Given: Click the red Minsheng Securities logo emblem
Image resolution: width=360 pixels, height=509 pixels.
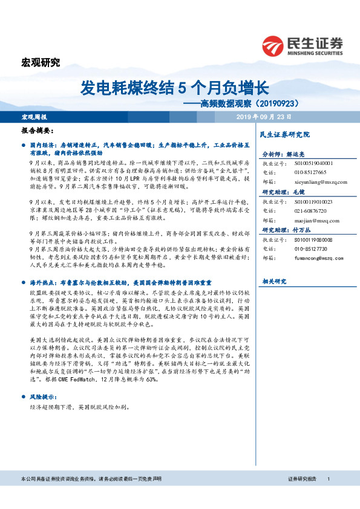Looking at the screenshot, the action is point(274,46).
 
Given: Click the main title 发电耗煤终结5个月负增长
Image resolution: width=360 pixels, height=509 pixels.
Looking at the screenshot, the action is point(174,88).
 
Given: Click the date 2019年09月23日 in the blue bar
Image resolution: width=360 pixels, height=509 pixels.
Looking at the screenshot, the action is point(263,116).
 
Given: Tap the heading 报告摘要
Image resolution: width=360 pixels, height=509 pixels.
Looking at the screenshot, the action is point(38,131).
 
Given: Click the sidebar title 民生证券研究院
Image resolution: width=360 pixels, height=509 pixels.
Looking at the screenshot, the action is point(284,134).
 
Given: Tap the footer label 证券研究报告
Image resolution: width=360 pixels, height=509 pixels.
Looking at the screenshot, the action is point(301,496).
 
